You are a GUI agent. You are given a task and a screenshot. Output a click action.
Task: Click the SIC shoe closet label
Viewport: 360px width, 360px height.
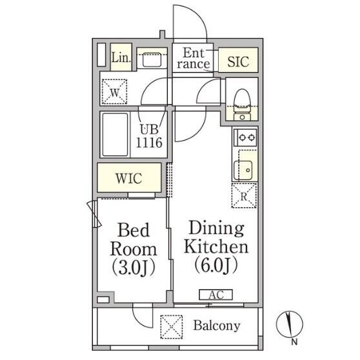point(238,61)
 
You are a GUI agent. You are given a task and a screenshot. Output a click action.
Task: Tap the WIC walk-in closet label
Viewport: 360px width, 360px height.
point(129,179)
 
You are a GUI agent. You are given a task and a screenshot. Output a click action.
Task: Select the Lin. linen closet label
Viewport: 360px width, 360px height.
point(121,57)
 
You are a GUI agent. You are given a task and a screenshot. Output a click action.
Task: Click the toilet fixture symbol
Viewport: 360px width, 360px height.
point(242,105)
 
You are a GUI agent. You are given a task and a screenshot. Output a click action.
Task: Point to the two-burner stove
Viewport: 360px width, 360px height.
point(245,137)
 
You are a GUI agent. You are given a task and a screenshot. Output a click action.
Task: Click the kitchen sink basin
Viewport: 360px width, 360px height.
point(243,170)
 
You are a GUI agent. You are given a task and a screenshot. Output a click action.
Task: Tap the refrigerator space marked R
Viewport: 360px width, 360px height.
point(244,195)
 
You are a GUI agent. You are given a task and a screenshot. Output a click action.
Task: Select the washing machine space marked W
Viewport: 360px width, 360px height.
point(115,92)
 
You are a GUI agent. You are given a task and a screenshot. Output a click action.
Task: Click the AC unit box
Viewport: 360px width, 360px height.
point(216,295)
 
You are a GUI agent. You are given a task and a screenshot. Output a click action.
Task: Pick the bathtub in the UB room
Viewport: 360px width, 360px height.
point(115,135)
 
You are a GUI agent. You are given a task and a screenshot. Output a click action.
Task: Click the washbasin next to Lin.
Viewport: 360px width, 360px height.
point(152,60)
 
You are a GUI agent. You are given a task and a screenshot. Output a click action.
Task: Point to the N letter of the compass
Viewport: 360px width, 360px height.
point(294,342)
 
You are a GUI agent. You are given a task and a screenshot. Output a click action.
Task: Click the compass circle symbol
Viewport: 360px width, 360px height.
point(290,324)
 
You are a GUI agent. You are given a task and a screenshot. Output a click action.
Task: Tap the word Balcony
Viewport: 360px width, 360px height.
point(217,326)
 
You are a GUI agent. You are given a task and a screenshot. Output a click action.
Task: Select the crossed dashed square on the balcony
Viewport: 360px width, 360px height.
point(172,326)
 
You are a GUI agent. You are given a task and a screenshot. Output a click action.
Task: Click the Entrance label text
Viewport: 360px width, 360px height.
point(194,58)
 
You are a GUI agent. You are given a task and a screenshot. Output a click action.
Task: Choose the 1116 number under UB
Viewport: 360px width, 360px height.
point(149,143)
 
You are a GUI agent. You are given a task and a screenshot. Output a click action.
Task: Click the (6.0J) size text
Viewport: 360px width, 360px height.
point(216,266)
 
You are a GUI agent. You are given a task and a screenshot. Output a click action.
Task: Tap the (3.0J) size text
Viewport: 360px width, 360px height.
point(134,268)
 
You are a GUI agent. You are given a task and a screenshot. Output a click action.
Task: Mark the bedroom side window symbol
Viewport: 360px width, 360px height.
point(94,214)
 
